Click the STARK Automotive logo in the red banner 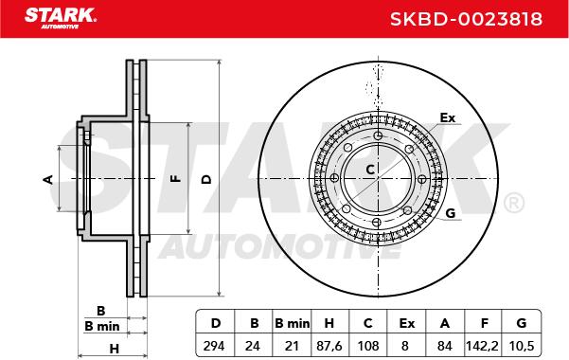point(61,18)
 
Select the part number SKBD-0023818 point(467,19)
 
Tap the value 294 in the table point(214,346)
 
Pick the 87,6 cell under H point(329,346)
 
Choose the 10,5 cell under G point(522,346)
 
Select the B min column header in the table point(293,323)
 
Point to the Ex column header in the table point(406,323)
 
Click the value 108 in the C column point(368,346)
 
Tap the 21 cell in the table point(292,346)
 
